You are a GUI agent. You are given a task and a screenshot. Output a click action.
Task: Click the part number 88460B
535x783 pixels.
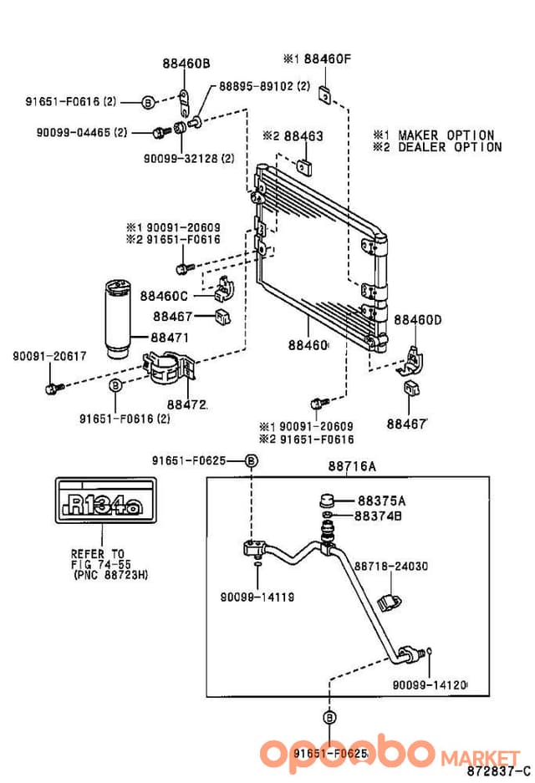(186, 64)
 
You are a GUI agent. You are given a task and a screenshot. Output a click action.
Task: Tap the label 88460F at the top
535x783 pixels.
(327, 59)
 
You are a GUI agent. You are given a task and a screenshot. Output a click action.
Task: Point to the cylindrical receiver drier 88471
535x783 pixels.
(117, 319)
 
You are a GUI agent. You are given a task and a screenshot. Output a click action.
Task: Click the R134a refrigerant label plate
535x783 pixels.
(105, 501)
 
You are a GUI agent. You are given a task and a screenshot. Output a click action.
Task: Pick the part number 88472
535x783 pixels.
(186, 404)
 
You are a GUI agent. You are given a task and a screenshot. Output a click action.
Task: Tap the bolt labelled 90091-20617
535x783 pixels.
(53, 388)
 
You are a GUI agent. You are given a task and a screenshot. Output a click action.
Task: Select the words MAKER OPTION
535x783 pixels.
(446, 135)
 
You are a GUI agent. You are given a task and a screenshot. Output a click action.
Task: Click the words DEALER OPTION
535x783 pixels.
(450, 147)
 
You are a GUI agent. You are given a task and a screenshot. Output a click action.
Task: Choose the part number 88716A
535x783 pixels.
(352, 466)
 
